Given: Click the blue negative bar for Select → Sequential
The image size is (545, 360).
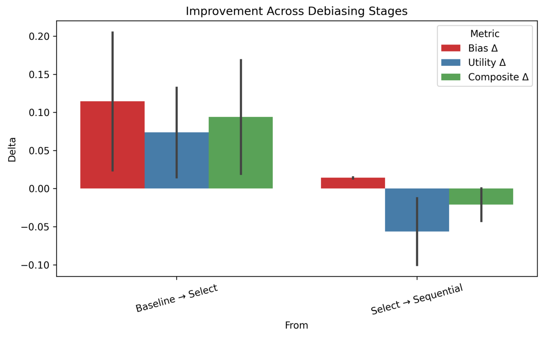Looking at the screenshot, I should pos(401,210).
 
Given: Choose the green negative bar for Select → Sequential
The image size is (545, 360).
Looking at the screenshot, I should pos(497,196).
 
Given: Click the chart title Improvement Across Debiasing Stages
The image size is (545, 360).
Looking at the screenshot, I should pos(296,11).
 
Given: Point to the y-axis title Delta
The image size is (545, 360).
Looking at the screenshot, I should pos(12,150).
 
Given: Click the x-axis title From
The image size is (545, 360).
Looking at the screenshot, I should pos(296,326).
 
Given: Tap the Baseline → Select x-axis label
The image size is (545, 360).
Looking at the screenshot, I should pos(176,299).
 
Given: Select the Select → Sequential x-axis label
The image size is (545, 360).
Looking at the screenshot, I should pos(416,299).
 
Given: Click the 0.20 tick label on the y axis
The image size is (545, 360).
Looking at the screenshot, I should pos(39,36).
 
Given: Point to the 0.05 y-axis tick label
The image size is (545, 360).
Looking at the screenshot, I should pos(39,151).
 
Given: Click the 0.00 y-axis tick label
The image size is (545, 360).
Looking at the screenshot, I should pos(39,189).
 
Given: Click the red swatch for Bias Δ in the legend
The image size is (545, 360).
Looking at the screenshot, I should pos(451,48).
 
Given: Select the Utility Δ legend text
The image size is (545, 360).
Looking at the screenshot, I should pos(487,62).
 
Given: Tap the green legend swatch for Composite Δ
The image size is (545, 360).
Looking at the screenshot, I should pos(451,77).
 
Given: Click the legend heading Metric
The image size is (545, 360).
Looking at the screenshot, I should pos(485,34).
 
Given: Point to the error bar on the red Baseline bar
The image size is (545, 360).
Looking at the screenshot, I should pos(112,65).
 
